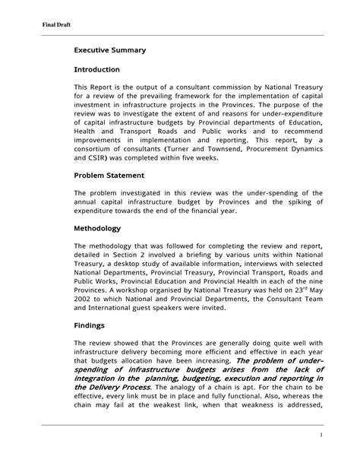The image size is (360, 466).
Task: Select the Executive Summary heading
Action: (x=109, y=50)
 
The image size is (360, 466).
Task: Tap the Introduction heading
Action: (x=100, y=70)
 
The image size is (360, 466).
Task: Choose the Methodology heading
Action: (x=97, y=227)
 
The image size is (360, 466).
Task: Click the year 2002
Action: (x=84, y=299)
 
